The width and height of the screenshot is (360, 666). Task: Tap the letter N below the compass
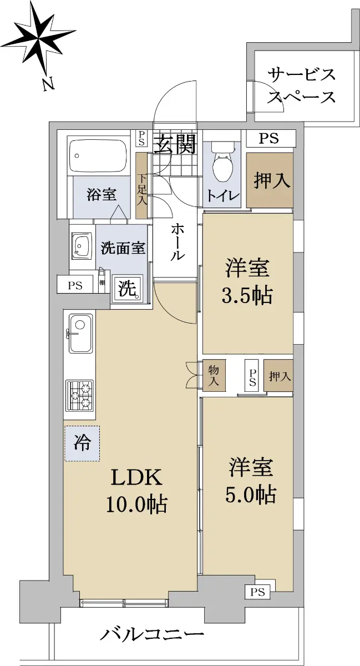coord(48,84)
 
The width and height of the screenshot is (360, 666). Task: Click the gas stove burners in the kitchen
coord(80,396)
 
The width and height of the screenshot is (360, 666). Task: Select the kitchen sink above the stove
coord(80,334)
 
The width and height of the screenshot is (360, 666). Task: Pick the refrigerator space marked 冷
coord(82,443)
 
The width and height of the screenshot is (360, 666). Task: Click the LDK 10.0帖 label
coord(137,493)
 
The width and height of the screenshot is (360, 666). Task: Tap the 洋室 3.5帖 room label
coord(247,281)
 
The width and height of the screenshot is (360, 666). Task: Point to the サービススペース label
coord(301,86)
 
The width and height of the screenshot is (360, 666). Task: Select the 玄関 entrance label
coord(176,144)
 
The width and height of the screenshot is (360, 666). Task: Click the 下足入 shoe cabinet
coord(141,185)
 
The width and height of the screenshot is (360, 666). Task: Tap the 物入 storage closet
coord(214,376)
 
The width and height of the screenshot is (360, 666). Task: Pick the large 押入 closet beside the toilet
coord(270,180)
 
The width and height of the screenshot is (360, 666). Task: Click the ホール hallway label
coord(178,243)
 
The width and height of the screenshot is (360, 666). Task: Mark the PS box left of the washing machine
coord(75,286)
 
